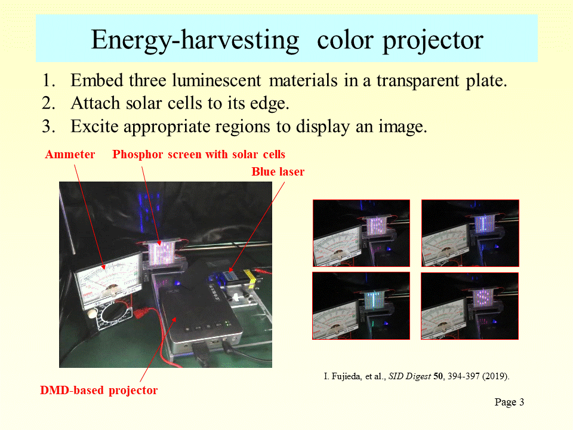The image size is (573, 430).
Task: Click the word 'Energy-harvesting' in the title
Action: point(195,40)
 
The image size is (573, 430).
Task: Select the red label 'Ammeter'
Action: point(70,154)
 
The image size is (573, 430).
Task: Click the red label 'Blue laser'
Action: point(278,171)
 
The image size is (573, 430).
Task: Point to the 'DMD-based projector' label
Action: point(98,391)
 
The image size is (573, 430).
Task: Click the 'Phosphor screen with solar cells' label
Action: point(198,154)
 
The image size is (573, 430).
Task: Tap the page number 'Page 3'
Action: point(509,402)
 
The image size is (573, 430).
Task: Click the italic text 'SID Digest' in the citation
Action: point(409,376)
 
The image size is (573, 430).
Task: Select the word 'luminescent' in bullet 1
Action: point(217,80)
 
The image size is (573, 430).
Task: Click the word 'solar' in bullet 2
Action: point(144,103)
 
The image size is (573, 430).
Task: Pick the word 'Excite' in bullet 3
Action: point(95,127)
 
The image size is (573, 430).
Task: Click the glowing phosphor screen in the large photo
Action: point(162,253)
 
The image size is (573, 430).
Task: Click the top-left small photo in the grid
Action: point(362,234)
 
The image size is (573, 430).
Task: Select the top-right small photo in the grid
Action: point(470,234)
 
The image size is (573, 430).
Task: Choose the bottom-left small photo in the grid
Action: point(361,306)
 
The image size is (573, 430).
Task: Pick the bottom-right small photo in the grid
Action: point(470,306)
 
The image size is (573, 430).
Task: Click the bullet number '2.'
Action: point(48,103)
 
